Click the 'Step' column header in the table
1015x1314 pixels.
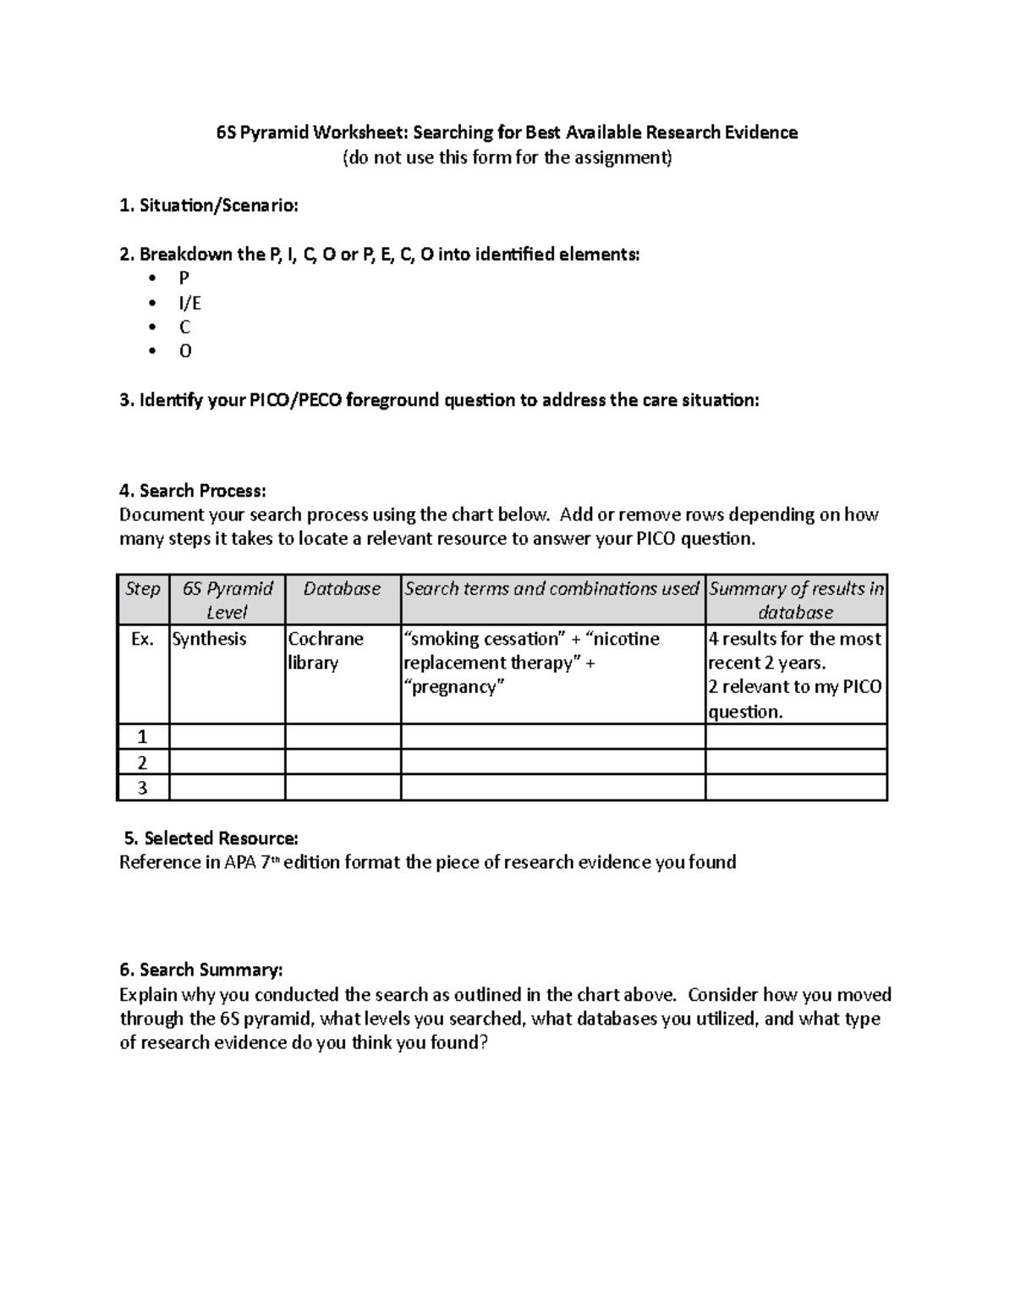[142, 589]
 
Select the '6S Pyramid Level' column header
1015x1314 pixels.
[227, 600]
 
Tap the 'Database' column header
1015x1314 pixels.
[342, 589]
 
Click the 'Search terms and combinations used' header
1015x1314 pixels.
[551, 589]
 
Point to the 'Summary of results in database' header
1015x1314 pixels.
[796, 600]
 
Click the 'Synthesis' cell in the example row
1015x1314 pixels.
[209, 639]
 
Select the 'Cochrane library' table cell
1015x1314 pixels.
[326, 651]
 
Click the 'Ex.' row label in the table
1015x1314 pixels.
[142, 639]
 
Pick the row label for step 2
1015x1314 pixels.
[142, 762]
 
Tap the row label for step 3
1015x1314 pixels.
[142, 788]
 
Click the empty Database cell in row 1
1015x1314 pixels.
[343, 737]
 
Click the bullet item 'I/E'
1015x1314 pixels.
[189, 303]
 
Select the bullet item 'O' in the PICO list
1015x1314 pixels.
[185, 351]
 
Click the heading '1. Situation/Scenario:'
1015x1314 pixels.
[209, 206]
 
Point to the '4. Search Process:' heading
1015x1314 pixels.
[193, 491]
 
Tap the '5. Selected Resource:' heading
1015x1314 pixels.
[211, 838]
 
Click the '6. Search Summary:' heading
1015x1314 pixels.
[201, 970]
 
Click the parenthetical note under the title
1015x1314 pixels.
[507, 157]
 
